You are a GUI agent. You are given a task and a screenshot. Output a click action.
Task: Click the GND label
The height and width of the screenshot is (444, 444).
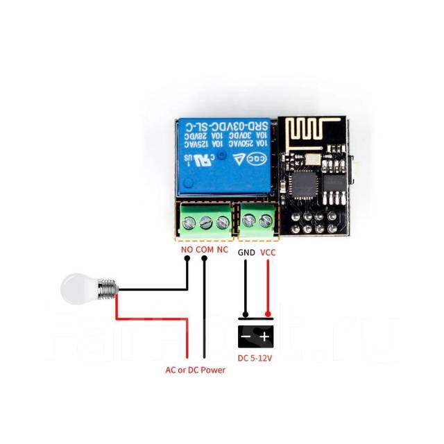pyautogui.click(x=246, y=253)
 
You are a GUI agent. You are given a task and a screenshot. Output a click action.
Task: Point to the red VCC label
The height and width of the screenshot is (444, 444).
pyautogui.click(x=268, y=253)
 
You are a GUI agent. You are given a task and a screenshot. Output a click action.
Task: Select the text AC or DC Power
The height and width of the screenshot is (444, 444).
pyautogui.click(x=195, y=370)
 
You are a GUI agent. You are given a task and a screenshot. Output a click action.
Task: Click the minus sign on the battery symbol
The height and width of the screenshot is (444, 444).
pyautogui.click(x=246, y=337)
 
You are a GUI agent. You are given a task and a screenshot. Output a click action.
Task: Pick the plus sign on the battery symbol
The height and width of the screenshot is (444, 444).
pyautogui.click(x=266, y=337)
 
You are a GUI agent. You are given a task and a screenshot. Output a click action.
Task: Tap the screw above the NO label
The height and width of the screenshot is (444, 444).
pyautogui.click(x=189, y=222)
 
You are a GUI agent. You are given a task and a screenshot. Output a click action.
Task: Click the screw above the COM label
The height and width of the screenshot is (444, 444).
pyautogui.click(x=206, y=222)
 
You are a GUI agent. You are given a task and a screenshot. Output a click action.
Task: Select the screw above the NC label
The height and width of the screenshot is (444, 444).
pyautogui.click(x=223, y=222)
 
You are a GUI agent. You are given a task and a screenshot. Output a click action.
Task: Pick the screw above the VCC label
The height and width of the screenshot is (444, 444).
pyautogui.click(x=266, y=222)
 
